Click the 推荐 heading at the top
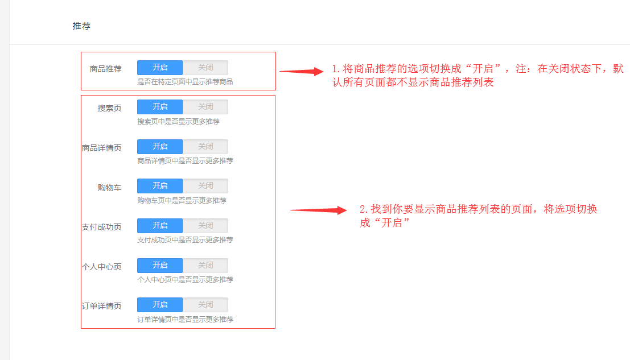click(81, 26)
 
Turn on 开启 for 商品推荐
click(160, 68)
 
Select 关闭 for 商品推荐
click(205, 68)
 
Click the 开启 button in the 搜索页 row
click(160, 107)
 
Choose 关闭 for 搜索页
click(205, 107)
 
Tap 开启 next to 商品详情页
click(160, 147)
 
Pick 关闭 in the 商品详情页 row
click(205, 147)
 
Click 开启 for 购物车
click(160, 186)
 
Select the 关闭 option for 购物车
click(205, 186)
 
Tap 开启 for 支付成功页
click(160, 226)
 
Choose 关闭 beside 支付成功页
click(205, 226)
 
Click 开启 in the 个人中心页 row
click(160, 266)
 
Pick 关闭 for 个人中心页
click(205, 266)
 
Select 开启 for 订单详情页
click(160, 305)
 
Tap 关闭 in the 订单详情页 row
click(205, 305)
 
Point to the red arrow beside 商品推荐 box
click(302, 72)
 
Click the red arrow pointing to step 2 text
click(319, 210)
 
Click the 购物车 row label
click(109, 188)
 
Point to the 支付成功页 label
click(101, 227)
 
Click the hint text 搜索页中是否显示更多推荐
click(178, 121)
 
